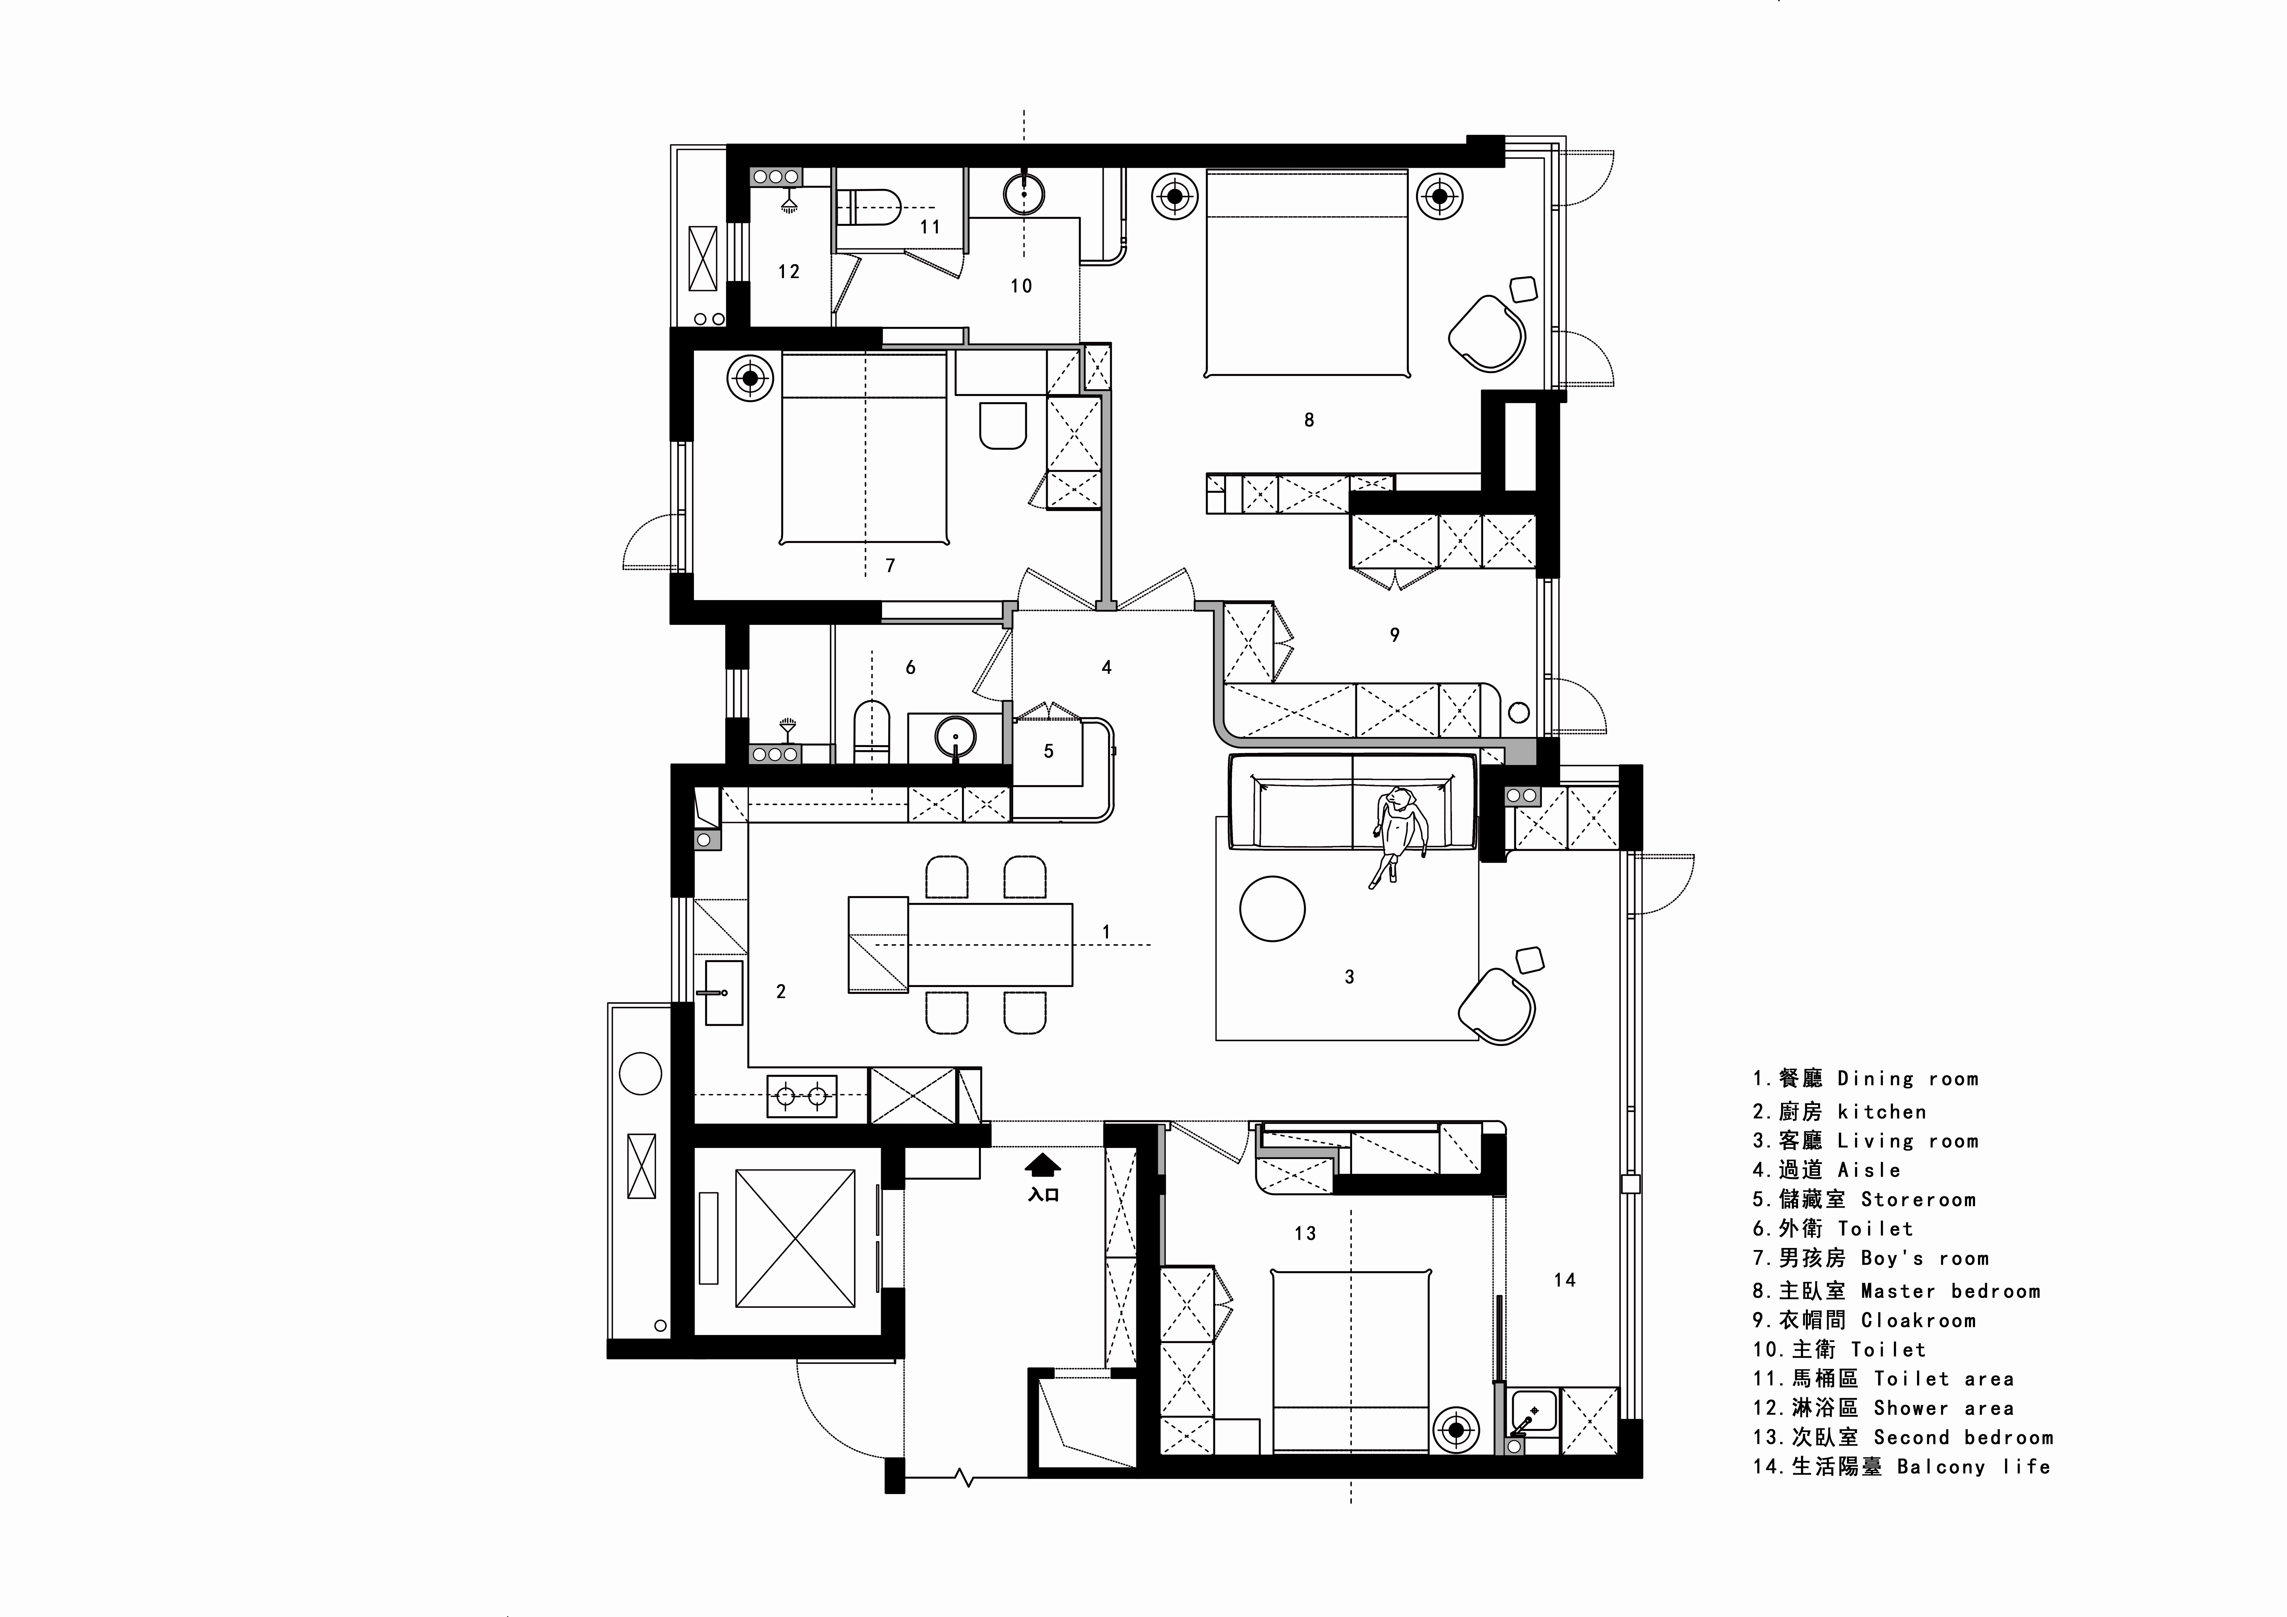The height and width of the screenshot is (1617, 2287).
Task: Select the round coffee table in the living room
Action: [x=1272, y=908]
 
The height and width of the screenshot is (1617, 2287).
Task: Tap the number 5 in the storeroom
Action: [x=1048, y=751]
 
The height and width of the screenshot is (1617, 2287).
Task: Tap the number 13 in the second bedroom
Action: [x=1305, y=1233]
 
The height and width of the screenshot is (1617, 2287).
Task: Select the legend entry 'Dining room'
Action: [x=1908, y=1078]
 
